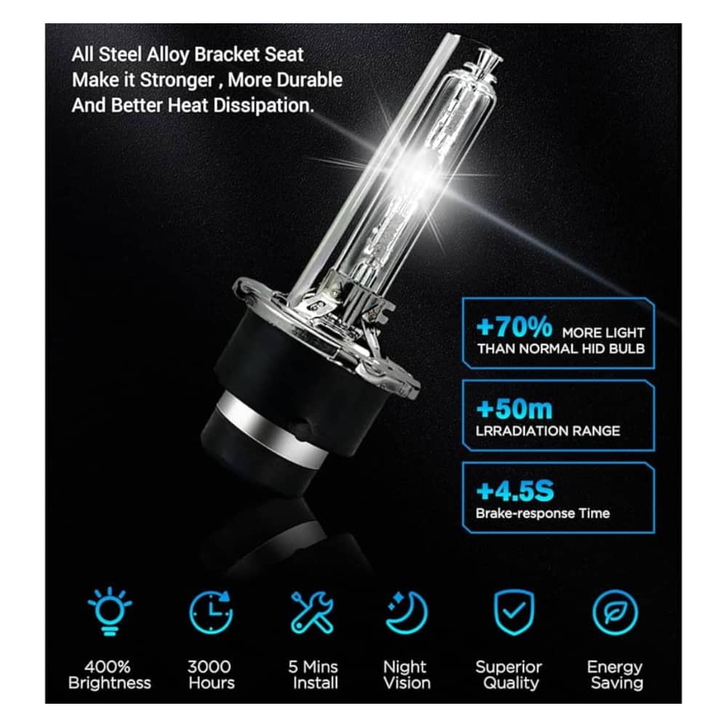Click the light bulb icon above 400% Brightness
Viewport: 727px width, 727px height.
pos(110,611)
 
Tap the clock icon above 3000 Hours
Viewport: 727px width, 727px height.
pos(212,612)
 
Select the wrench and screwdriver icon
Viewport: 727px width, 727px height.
pos(312,612)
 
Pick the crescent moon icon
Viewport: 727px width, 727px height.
pos(407,612)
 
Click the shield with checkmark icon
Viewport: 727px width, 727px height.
pos(514,612)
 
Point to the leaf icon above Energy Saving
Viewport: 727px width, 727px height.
pos(615,612)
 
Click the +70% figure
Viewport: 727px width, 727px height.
pos(514,326)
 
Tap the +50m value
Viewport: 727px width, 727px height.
pos(514,409)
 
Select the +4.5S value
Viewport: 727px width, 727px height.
pos(515,491)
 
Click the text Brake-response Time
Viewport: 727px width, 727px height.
pos(542,513)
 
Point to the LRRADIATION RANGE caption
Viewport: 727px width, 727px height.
pos(547,431)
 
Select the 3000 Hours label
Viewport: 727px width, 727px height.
pos(211,675)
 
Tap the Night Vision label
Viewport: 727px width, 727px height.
pos(406,675)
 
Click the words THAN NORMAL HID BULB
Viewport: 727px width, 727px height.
pos(561,349)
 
